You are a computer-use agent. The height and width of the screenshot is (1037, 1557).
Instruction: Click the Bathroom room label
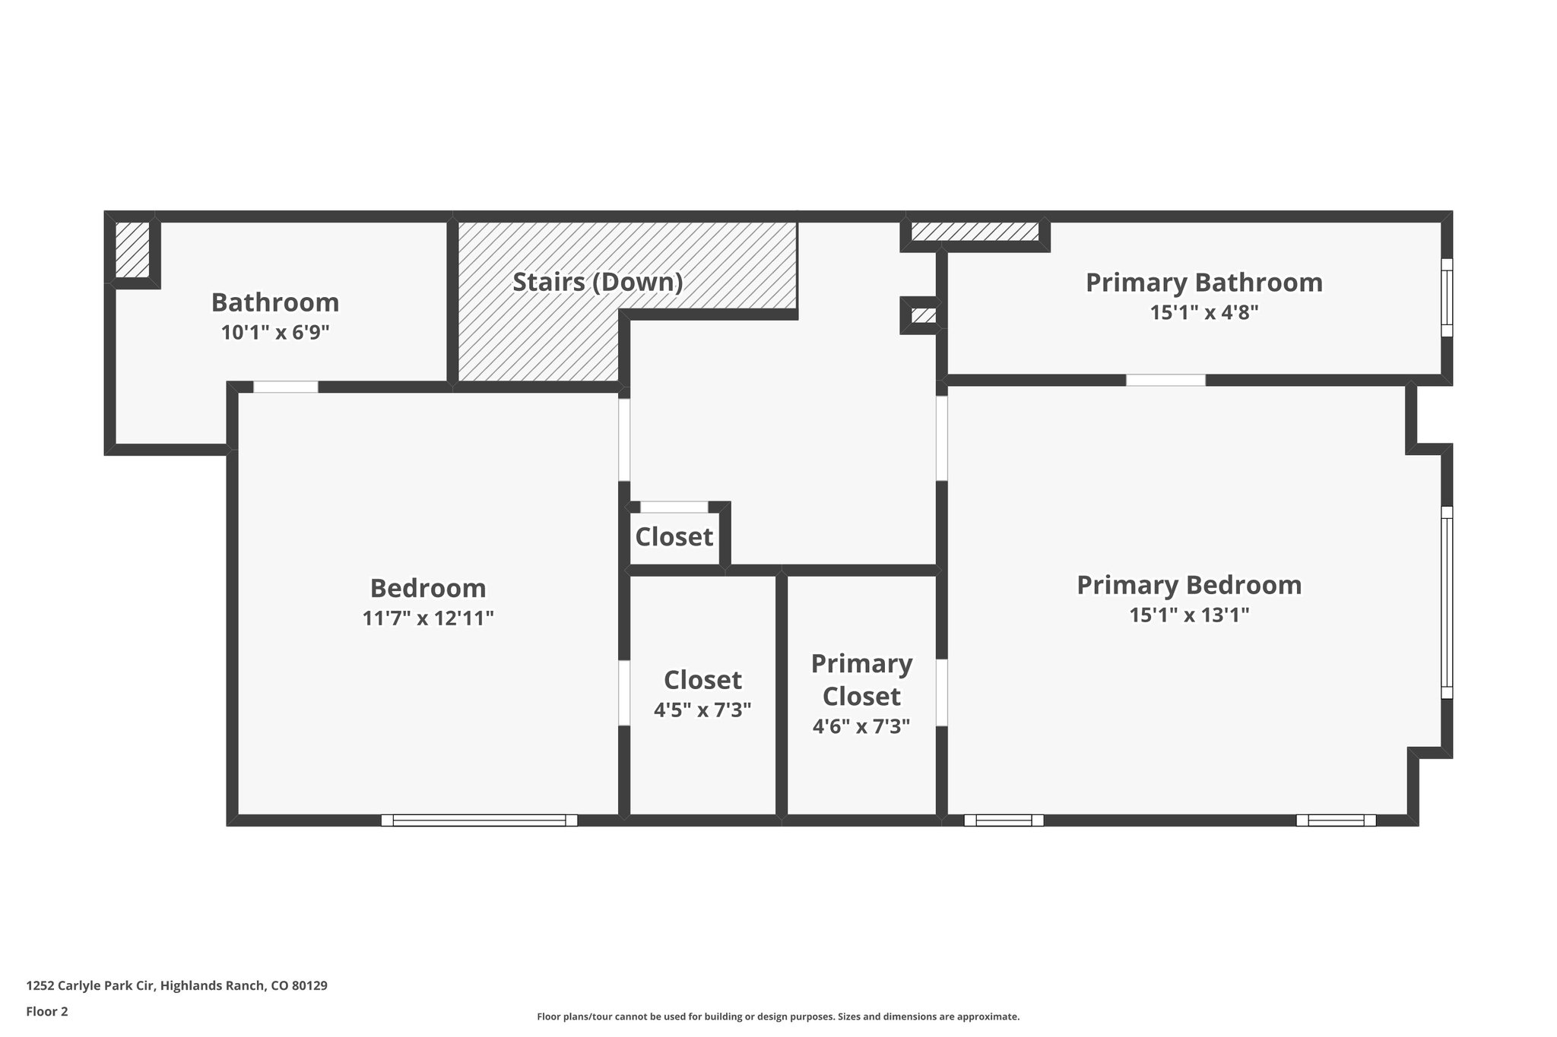274,302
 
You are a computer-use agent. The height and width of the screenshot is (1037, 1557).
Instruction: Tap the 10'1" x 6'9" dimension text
274,333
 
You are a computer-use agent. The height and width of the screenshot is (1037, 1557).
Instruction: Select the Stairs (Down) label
598,282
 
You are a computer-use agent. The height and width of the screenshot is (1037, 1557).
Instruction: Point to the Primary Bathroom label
1203,283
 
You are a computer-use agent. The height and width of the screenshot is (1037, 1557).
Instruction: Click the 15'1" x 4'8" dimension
1203,312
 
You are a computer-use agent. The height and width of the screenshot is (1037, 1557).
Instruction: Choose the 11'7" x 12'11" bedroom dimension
428,618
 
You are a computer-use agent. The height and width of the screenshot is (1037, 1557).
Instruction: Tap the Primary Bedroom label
1189,585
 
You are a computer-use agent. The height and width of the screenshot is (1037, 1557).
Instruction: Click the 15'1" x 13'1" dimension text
1189,615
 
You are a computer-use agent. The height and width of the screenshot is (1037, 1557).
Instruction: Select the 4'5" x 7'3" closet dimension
702,710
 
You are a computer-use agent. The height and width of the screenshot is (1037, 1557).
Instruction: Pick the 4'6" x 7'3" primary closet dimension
861,727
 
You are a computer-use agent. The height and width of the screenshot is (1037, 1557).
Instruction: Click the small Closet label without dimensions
674,537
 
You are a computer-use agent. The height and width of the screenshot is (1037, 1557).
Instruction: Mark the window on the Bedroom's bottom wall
479,820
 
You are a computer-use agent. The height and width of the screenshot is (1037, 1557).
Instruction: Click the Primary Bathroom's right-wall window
1447,298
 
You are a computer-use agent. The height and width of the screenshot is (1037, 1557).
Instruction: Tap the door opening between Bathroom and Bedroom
285,387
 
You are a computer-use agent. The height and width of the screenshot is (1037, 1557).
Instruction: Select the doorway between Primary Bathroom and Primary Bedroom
1165,380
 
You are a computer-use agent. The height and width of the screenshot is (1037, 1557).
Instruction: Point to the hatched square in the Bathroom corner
132,249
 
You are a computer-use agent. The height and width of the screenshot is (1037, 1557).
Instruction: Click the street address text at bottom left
176,986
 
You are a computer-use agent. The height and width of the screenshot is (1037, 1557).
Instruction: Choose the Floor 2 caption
47,1011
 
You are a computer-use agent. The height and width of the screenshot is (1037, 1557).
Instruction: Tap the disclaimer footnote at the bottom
778,1016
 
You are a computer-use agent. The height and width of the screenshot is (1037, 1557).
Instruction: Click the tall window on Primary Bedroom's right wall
1447,602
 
